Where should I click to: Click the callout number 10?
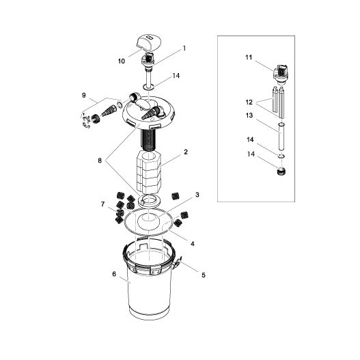point(121,61)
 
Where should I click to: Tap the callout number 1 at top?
point(184,49)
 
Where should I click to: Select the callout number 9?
point(83,95)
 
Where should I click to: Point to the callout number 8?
point(100,161)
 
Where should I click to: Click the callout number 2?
point(186,152)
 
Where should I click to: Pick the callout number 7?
point(102,204)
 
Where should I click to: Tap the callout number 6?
point(114,274)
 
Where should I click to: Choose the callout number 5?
point(204,275)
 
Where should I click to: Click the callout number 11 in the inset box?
point(249,57)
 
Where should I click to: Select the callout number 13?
point(249,115)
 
